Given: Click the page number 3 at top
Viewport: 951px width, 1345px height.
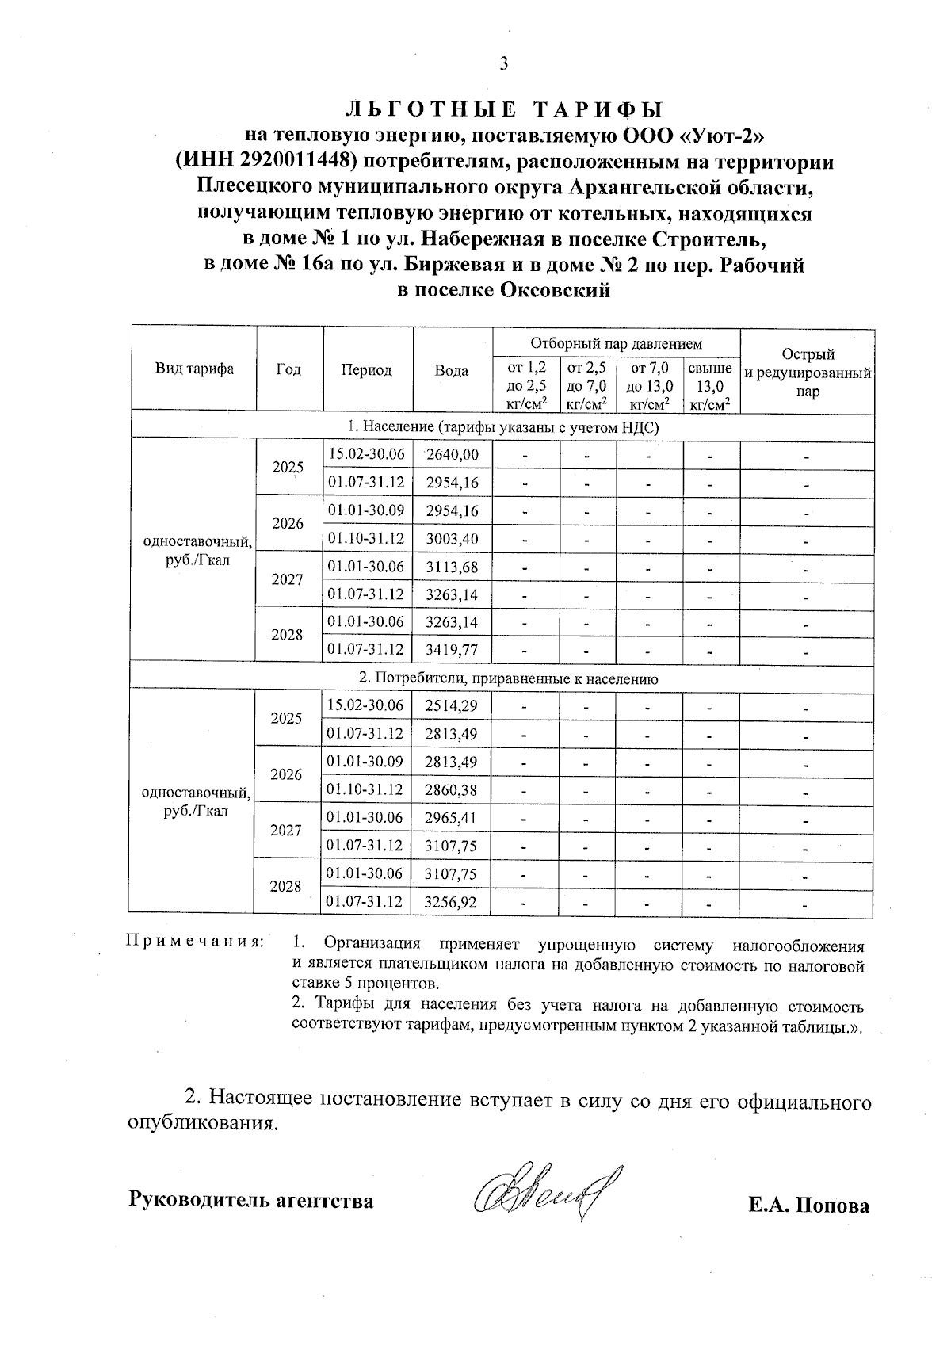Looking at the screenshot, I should [x=502, y=64].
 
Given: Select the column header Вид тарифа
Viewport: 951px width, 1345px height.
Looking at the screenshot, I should [x=194, y=369].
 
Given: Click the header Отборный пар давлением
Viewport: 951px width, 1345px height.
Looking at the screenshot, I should [x=616, y=344].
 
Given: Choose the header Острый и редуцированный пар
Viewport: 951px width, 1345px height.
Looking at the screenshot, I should [x=807, y=373].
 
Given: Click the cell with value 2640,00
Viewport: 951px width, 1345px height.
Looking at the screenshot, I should [x=453, y=455].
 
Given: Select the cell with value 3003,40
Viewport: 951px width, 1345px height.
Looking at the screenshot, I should [x=453, y=539].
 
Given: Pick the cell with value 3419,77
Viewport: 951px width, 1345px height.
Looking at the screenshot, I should [x=453, y=651].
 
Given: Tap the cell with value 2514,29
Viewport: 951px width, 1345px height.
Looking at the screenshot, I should [x=451, y=705].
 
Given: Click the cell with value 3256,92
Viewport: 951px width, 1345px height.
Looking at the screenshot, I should [x=451, y=902].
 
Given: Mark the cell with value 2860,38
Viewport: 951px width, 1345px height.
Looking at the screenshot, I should [x=451, y=789].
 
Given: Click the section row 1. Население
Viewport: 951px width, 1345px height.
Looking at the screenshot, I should [x=502, y=427].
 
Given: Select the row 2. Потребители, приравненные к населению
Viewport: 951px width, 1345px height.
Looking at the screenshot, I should [x=502, y=678].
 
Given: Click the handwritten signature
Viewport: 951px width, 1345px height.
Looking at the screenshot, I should [x=547, y=1198].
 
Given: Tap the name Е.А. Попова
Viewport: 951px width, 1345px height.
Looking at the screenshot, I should [x=808, y=1206].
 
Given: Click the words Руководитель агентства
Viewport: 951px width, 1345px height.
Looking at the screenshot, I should [x=251, y=1201].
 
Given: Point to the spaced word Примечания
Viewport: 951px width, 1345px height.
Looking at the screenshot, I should [x=195, y=942].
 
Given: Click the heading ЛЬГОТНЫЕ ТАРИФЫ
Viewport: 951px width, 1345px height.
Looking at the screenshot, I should [x=502, y=109].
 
